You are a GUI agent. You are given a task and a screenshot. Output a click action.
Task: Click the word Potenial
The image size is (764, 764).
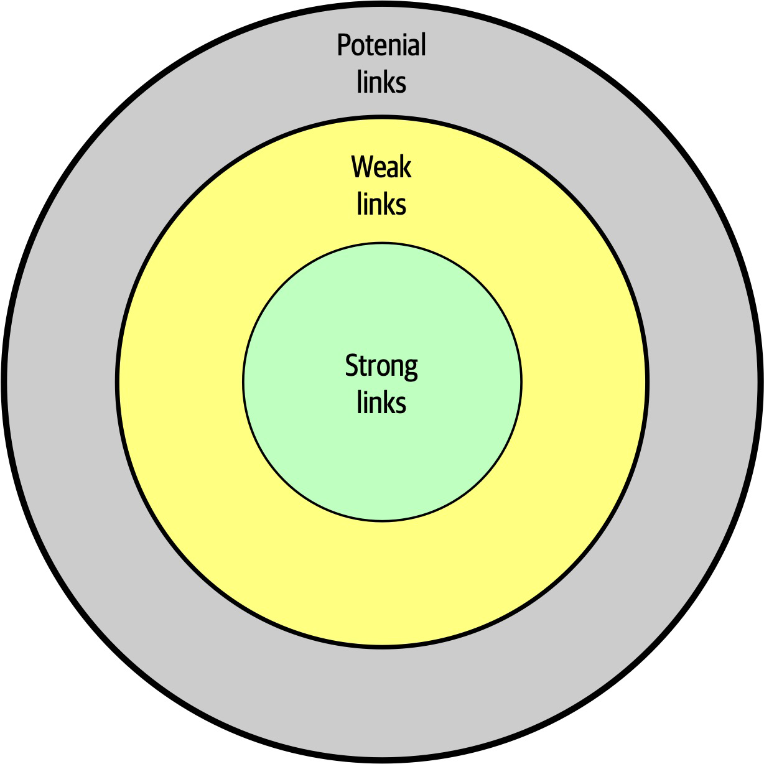coord(381,45)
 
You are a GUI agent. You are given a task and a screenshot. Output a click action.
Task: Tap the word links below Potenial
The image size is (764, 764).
coord(381,82)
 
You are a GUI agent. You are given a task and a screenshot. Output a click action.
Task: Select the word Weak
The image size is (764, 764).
coord(381,167)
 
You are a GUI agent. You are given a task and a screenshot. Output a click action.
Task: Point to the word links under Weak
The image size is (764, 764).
coord(381,204)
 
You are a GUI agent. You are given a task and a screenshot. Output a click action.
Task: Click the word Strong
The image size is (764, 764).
coord(381,366)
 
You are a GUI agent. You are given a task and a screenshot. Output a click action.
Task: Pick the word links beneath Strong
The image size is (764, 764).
coord(381,403)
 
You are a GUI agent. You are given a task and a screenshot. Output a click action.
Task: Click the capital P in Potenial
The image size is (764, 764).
coord(343,45)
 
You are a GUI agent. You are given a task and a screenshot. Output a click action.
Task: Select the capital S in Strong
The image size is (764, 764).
coord(352,366)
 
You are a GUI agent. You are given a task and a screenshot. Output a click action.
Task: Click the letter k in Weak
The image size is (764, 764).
coord(405,167)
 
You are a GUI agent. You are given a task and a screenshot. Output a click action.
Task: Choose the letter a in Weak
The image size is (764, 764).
coord(392,169)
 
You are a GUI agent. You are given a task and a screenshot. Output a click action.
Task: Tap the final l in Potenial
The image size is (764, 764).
coord(423,45)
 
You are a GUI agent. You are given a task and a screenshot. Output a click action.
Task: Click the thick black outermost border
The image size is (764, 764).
coord(4,381)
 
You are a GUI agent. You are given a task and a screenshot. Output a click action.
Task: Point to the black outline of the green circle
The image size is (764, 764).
coord(243,381)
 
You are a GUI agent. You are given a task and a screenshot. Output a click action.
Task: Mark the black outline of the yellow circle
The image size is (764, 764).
coord(117,381)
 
